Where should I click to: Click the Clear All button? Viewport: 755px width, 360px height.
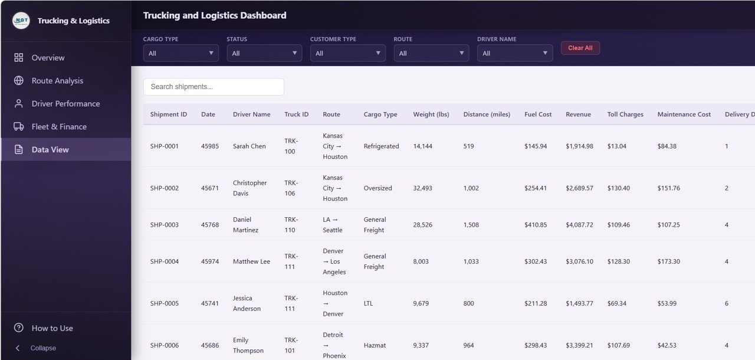click(580, 48)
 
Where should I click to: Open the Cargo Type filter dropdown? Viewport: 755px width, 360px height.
click(181, 53)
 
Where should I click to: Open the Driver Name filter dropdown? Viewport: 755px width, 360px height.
click(515, 53)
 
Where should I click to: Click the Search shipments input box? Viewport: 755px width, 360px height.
click(214, 87)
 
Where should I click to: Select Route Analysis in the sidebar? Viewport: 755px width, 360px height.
click(57, 81)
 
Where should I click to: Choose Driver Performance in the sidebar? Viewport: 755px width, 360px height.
click(65, 104)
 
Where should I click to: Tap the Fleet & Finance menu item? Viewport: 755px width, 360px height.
click(59, 127)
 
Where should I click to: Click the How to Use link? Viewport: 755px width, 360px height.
click(52, 328)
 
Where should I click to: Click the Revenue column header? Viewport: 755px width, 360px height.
click(578, 114)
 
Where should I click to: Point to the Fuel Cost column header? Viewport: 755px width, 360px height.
click(538, 114)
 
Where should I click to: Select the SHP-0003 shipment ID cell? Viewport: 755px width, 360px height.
click(164, 225)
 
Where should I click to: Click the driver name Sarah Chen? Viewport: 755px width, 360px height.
click(249, 146)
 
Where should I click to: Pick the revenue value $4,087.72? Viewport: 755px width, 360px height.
click(579, 225)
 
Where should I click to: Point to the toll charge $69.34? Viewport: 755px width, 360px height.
click(617, 303)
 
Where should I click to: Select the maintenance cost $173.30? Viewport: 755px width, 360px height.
click(668, 261)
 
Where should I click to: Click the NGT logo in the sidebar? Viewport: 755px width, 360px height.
click(21, 21)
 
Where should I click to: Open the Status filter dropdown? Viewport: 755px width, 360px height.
click(264, 53)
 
